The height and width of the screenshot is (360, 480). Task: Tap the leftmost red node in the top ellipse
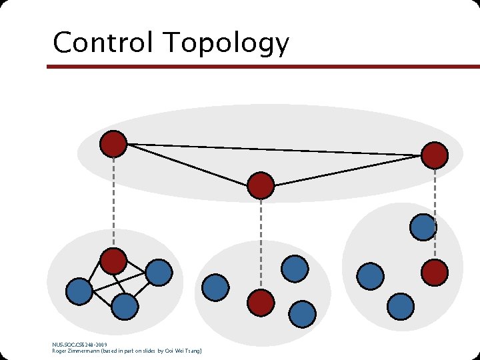(x=113, y=143)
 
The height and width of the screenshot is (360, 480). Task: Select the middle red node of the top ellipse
(x=261, y=185)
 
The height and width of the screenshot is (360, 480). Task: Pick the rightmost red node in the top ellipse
(x=435, y=155)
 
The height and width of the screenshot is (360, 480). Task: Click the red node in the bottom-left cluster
(x=114, y=261)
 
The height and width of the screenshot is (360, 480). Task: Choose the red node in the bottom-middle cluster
(x=261, y=303)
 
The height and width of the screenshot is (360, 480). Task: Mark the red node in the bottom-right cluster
(x=435, y=272)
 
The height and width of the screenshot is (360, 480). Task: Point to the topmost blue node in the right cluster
(x=423, y=227)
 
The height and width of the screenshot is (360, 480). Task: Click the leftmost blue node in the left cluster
(x=79, y=291)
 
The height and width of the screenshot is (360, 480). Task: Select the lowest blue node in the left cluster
(x=125, y=307)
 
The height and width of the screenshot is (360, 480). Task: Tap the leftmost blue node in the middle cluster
(x=215, y=287)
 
